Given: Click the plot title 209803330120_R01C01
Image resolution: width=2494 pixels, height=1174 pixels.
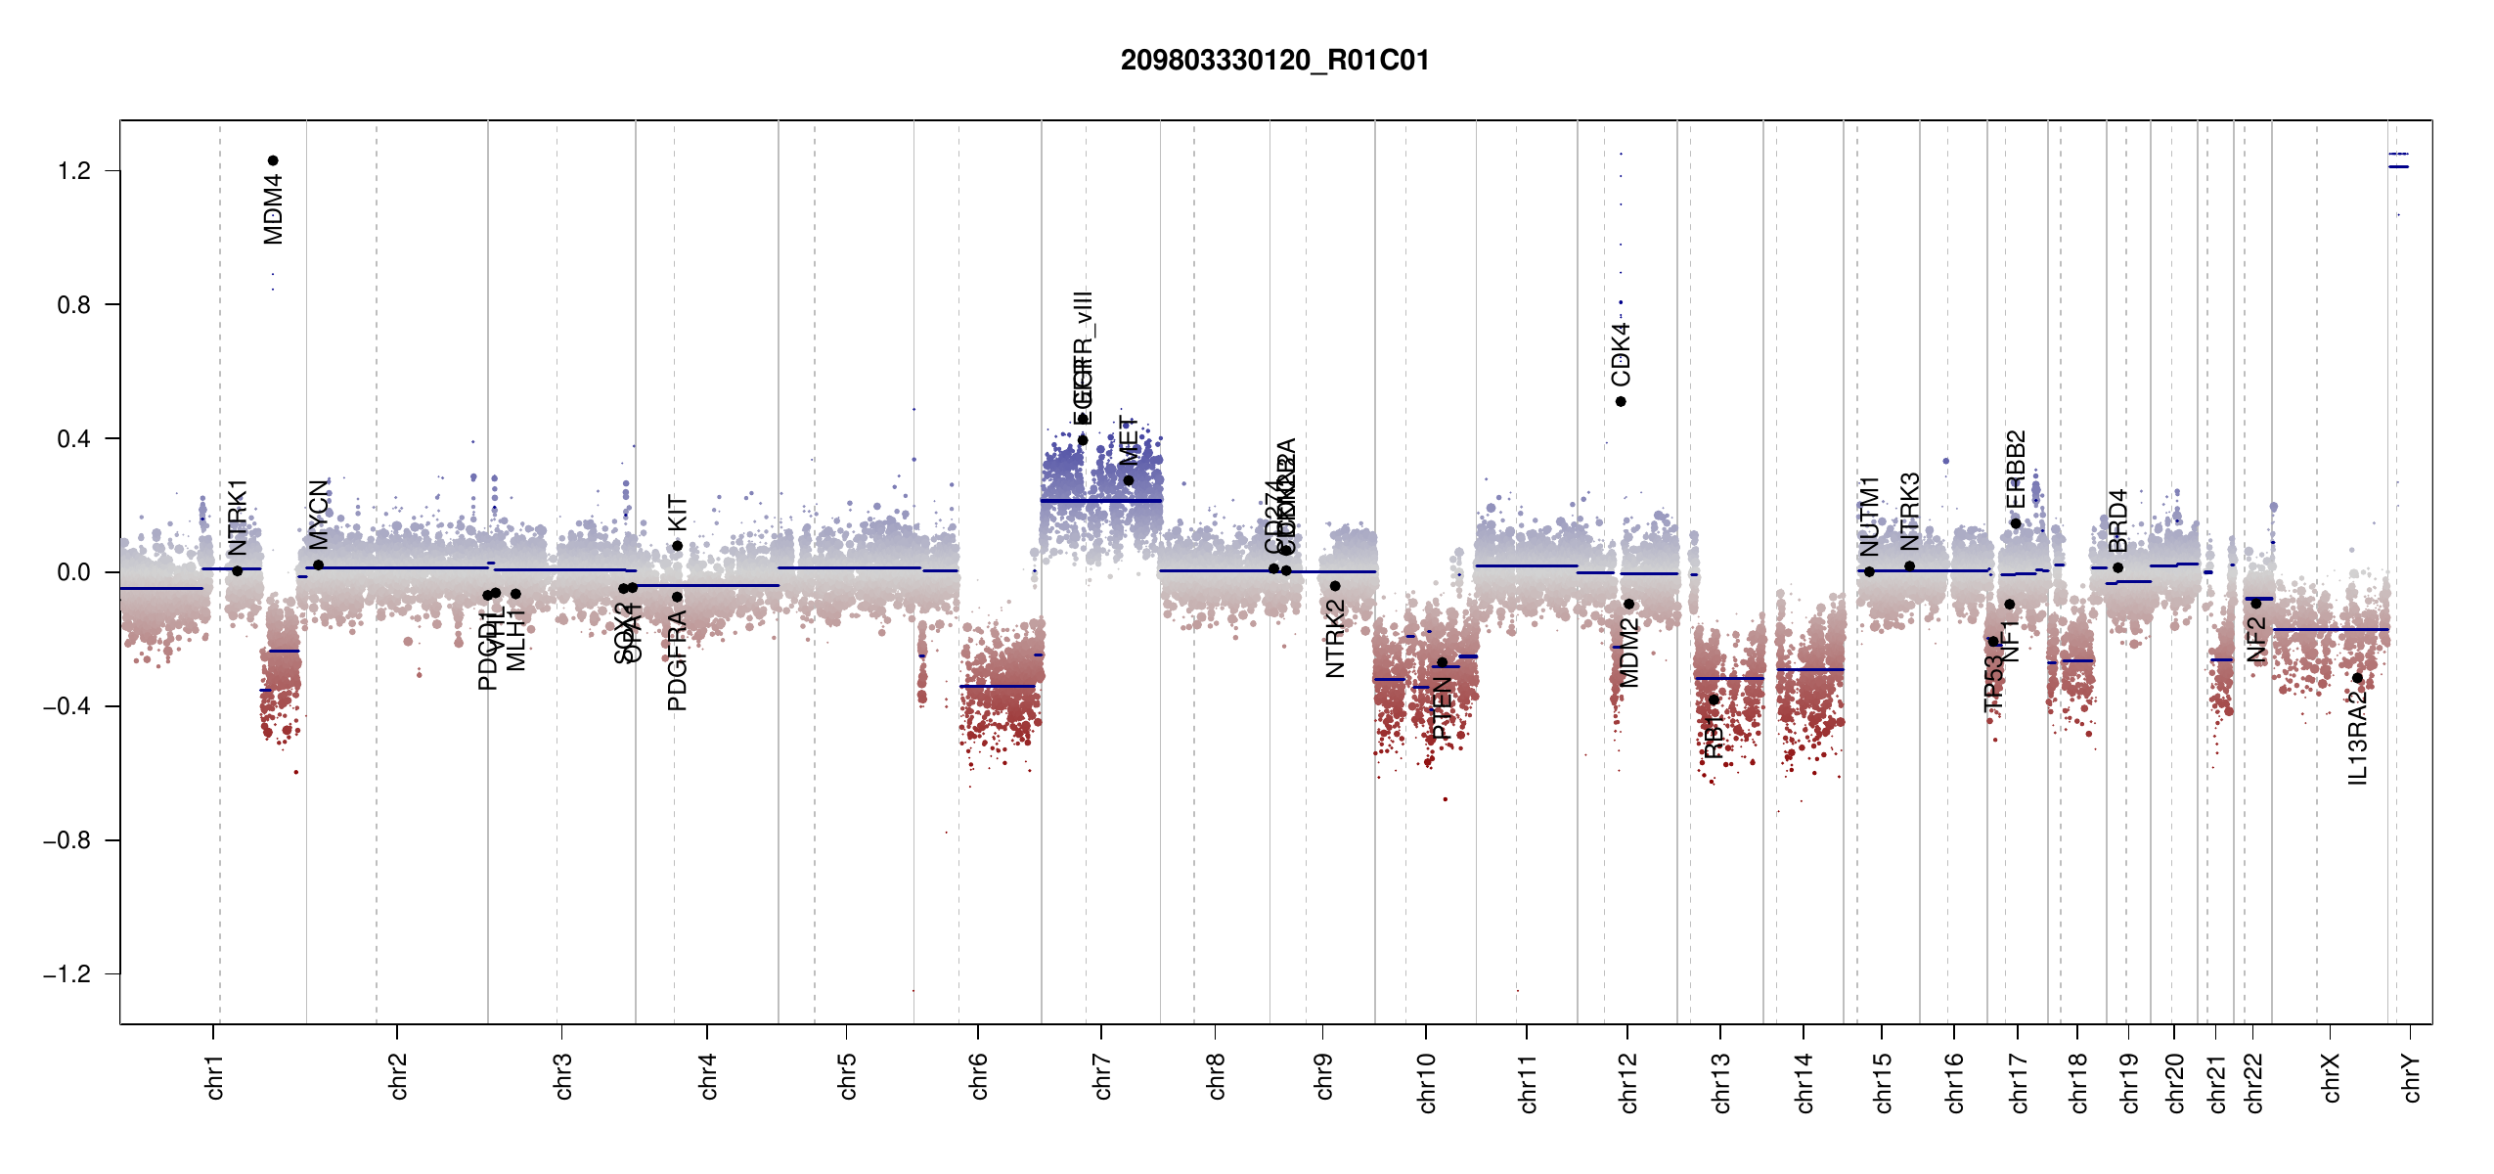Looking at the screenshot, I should (x=1274, y=61).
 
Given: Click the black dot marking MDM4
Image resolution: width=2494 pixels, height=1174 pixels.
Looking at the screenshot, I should (x=273, y=160).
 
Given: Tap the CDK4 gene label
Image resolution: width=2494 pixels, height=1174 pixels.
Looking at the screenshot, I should (x=1621, y=354).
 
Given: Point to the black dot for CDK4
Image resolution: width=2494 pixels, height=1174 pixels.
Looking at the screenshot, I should (x=1621, y=401).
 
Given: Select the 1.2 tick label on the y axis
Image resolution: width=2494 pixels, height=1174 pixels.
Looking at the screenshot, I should (x=73, y=171).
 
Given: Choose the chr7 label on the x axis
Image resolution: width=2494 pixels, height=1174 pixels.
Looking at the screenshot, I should (x=1102, y=1076).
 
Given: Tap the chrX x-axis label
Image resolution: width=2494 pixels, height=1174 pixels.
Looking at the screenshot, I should (x=2331, y=1077).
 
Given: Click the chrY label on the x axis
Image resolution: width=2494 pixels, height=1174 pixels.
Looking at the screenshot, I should (x=2412, y=1077).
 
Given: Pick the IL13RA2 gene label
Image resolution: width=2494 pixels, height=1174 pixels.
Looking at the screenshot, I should (x=2357, y=737).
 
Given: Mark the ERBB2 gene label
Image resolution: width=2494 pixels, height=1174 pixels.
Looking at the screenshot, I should (x=2016, y=470).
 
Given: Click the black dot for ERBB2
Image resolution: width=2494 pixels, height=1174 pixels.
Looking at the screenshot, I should (x=2016, y=523).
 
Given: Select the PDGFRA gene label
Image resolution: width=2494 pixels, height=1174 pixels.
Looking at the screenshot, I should (x=677, y=659).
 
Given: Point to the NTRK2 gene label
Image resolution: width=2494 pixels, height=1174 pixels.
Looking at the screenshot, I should (x=1335, y=639).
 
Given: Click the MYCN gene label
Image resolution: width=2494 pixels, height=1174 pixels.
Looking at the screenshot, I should (x=319, y=514).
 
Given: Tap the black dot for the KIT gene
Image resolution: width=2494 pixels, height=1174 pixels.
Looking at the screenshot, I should (x=677, y=546).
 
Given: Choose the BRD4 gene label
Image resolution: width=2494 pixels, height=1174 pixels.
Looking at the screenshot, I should (x=2117, y=520).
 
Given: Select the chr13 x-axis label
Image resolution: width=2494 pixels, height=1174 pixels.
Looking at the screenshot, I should (x=1720, y=1082).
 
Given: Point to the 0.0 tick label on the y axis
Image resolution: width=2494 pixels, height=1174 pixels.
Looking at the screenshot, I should (x=73, y=572).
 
